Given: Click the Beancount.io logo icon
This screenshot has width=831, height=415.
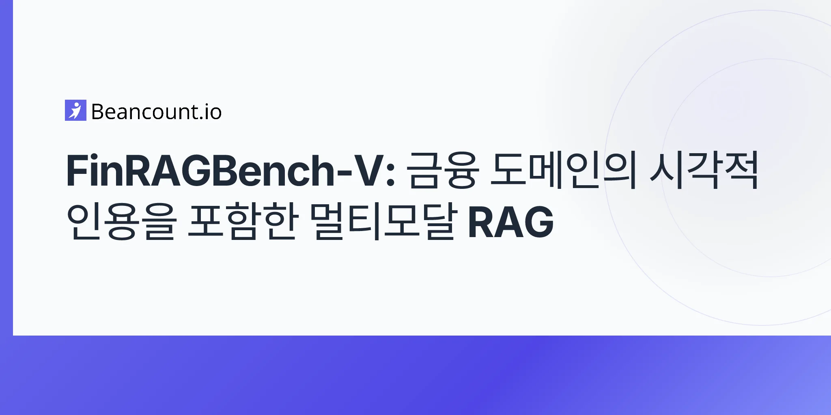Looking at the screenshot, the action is pos(75,110).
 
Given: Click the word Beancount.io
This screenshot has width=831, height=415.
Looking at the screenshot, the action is pos(157,112).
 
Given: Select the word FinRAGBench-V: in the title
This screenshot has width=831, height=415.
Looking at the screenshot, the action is pos(231,170).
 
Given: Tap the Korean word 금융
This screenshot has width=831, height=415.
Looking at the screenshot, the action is pos(442,170).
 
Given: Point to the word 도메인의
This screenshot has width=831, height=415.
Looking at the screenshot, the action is pos(562,170).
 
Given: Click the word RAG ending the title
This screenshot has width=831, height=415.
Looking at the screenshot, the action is pos(511,222).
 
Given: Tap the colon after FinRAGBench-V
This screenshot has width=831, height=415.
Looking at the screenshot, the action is pos(391,175).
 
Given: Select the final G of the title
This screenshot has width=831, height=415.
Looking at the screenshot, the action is pos(538,222).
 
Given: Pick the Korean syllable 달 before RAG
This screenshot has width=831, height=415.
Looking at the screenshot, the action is pos(435,222).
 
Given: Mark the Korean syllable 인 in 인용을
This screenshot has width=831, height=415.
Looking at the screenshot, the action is pos(83,222).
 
